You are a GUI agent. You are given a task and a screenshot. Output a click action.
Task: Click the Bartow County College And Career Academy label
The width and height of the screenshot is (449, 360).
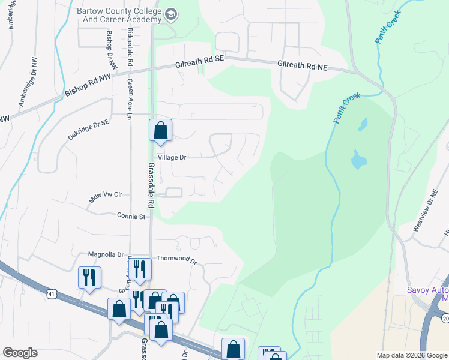(x=119, y=15)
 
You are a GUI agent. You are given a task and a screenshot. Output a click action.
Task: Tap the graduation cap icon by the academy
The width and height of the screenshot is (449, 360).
(x=171, y=14)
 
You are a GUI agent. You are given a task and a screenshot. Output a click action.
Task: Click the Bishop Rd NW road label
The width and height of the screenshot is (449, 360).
(x=88, y=86)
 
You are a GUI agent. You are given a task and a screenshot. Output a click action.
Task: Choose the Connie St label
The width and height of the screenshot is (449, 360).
(x=131, y=216)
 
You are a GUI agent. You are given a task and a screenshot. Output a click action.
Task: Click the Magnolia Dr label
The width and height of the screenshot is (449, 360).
(x=106, y=254)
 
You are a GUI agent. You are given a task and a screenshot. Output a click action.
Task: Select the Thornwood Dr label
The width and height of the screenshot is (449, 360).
(x=176, y=259)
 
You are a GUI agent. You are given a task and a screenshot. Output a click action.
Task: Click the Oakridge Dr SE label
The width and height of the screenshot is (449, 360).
(x=88, y=129)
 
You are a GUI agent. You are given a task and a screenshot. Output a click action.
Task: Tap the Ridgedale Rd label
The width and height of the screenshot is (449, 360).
(x=130, y=47)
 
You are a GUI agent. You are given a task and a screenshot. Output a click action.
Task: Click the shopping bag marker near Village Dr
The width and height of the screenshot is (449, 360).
(x=161, y=130)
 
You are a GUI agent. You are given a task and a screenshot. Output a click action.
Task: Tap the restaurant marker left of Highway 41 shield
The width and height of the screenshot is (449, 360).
(x=90, y=277)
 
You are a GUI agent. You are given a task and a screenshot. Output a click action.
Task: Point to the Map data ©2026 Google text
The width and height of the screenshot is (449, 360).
(x=412, y=355)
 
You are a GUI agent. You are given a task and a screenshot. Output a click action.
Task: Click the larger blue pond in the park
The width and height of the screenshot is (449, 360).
(x=358, y=159)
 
